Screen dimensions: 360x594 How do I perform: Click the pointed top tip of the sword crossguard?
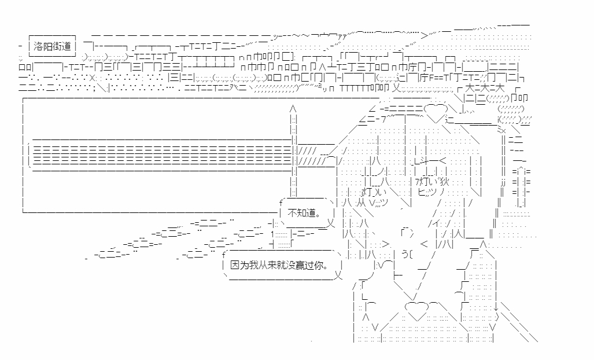coord(293,108)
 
